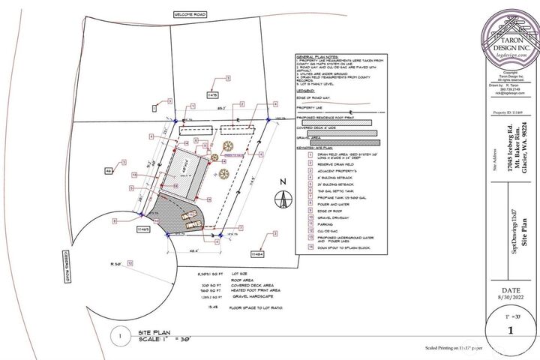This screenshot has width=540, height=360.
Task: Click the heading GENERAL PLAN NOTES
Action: pos(319,57)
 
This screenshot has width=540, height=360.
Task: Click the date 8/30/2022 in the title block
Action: pos(510,300)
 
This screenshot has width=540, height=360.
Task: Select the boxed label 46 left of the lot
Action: pos(109,172)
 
